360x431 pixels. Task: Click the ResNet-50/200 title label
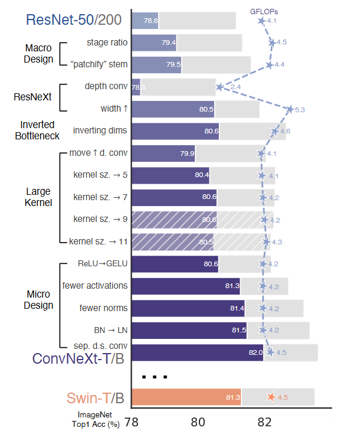[x=74, y=19]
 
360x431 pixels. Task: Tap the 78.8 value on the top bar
[x=151, y=21]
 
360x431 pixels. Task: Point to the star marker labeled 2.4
[x=220, y=87]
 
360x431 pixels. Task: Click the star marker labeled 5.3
[x=290, y=109]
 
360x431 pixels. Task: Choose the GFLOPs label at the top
[x=264, y=11]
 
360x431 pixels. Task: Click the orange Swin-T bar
[x=186, y=397]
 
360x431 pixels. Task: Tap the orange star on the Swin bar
[x=271, y=397]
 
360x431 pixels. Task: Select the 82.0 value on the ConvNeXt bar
[x=255, y=353]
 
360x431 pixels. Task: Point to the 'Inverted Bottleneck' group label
[x=37, y=130]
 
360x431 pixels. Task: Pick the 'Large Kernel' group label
[x=38, y=197]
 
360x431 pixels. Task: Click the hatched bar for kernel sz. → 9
[x=175, y=220]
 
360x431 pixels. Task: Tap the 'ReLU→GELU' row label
[x=94, y=263]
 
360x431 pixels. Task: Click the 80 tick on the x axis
[x=198, y=422]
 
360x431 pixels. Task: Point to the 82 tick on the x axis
[x=264, y=422]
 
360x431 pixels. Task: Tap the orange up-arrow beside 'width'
[x=126, y=109]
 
